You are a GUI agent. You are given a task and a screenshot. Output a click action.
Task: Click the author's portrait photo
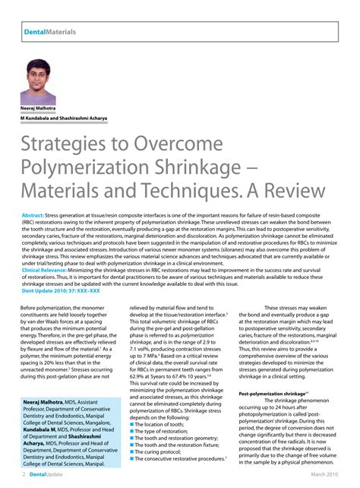click(x=38, y=81)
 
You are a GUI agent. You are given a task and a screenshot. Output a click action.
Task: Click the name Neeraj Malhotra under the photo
click(x=39, y=109)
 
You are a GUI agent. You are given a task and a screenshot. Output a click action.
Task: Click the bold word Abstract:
click(x=33, y=216)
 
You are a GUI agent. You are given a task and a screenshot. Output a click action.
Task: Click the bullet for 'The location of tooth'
click(x=133, y=425)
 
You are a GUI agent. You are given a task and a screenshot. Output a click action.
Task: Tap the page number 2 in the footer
click(x=24, y=474)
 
